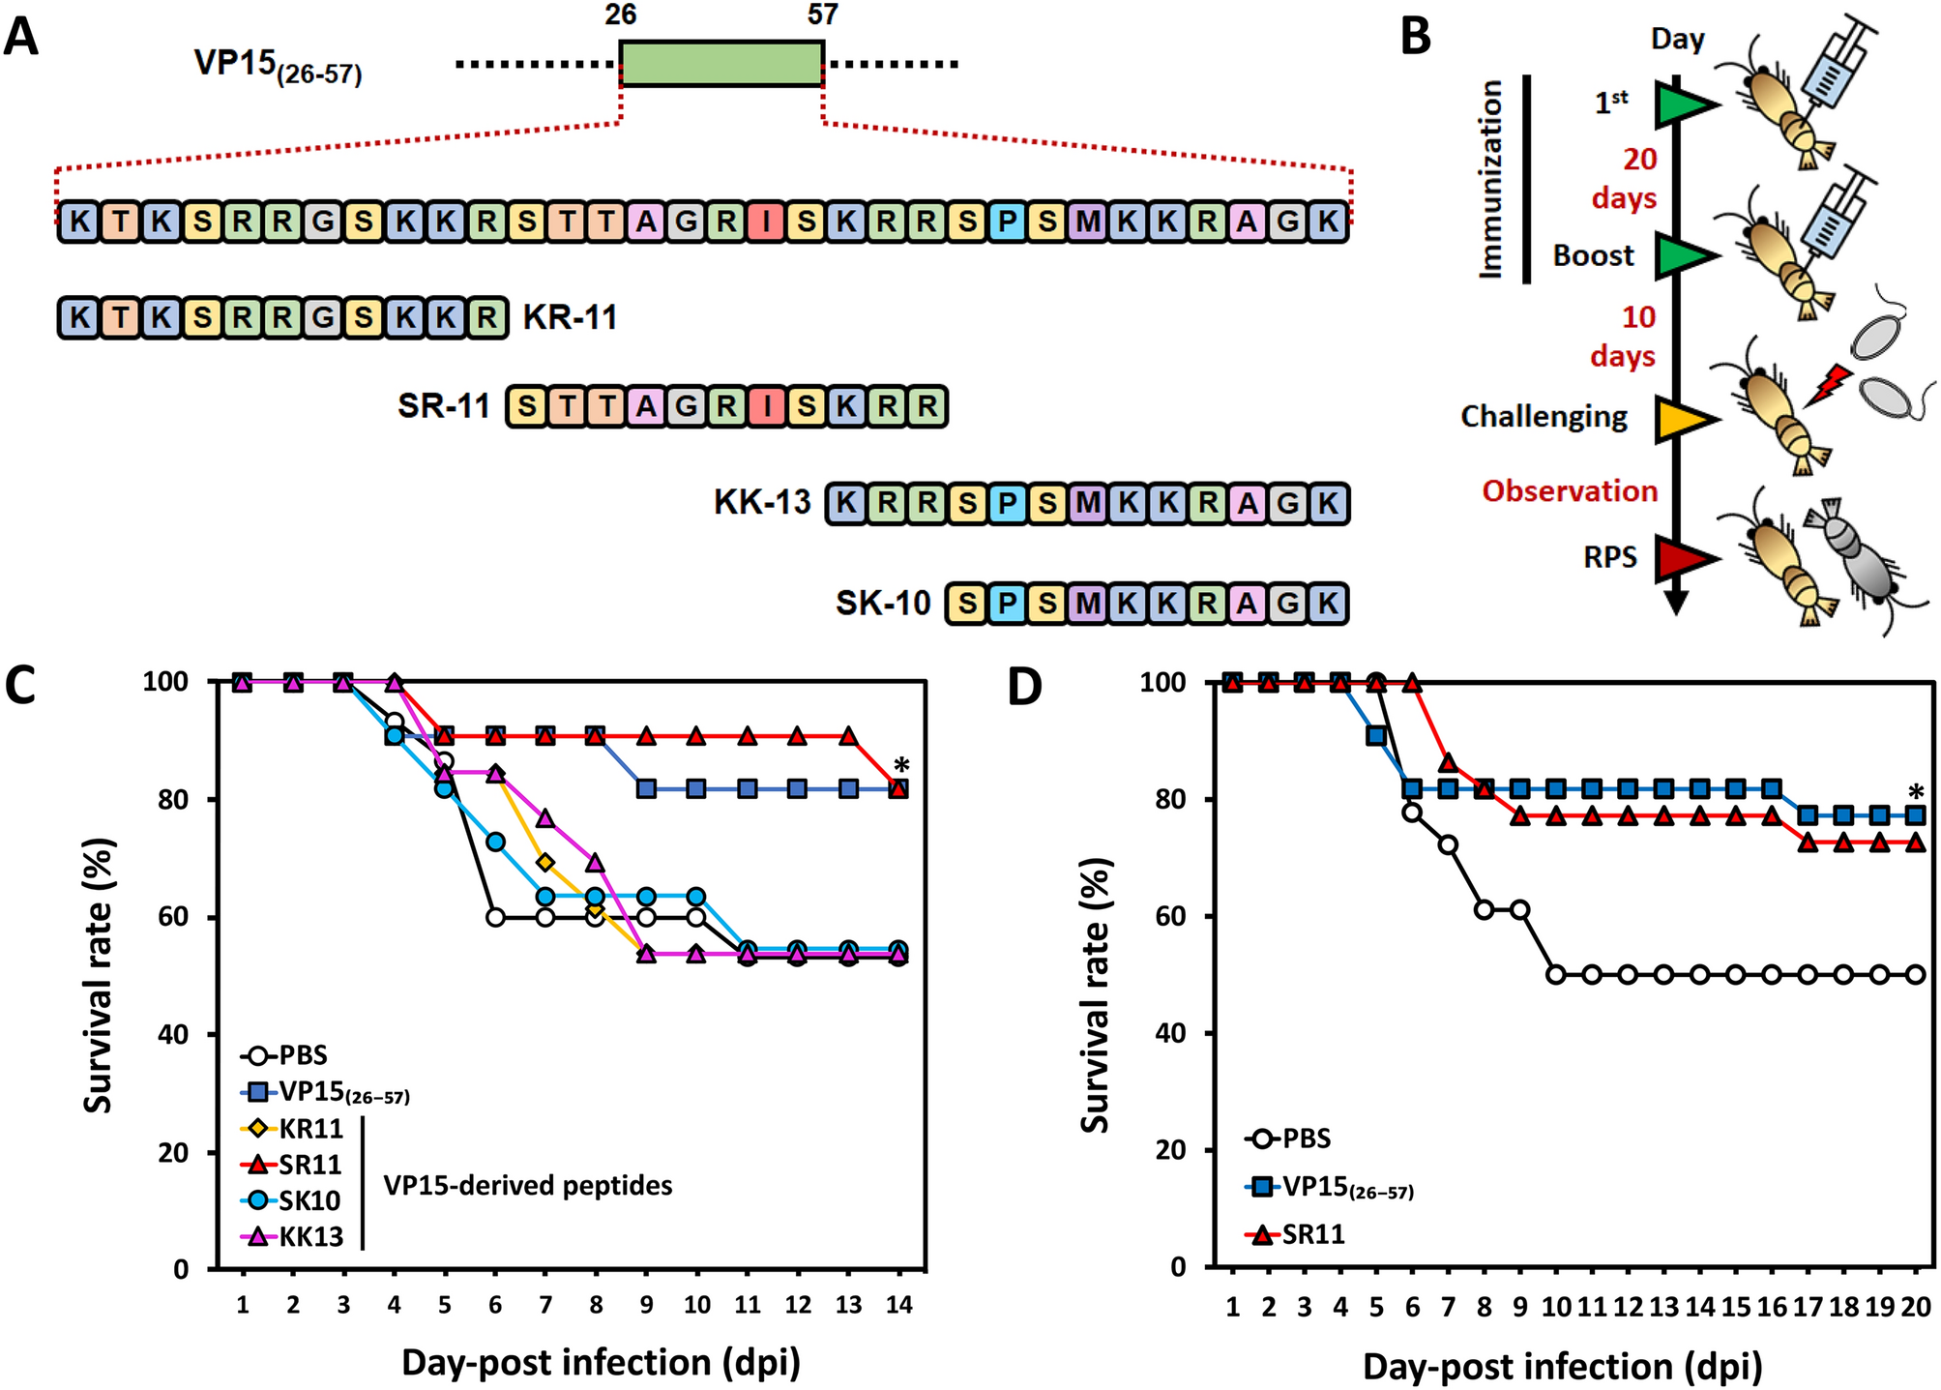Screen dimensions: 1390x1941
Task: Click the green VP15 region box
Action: pos(721,64)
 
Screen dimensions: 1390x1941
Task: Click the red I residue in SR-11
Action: pos(766,407)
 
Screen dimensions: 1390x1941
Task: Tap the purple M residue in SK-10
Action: pos(1088,604)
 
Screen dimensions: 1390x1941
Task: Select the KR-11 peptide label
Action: pos(570,317)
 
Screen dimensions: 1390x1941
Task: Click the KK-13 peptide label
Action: pos(762,503)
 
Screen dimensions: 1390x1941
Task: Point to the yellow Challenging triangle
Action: pos(1684,419)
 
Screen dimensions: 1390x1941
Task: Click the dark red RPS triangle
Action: pos(1684,558)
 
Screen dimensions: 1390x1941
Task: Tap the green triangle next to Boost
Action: pos(1684,255)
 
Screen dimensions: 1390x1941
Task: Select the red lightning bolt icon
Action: pos(1826,385)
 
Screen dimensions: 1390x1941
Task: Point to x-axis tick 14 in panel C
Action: pos(898,1305)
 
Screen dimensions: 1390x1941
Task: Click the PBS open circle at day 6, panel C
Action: pos(495,917)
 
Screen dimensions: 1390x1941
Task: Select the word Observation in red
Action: pos(1570,491)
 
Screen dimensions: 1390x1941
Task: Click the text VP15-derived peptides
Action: pos(528,1185)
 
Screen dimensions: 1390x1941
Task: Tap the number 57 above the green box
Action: pos(822,15)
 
